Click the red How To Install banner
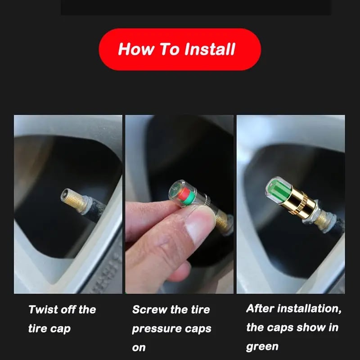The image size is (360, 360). [180, 49]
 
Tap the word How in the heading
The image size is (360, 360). [135, 49]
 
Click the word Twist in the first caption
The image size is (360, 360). [44, 310]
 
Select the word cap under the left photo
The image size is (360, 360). [60, 328]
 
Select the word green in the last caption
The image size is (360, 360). [262, 346]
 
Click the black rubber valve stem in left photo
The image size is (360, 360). [97, 211]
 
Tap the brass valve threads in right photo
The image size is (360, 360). [324, 220]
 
